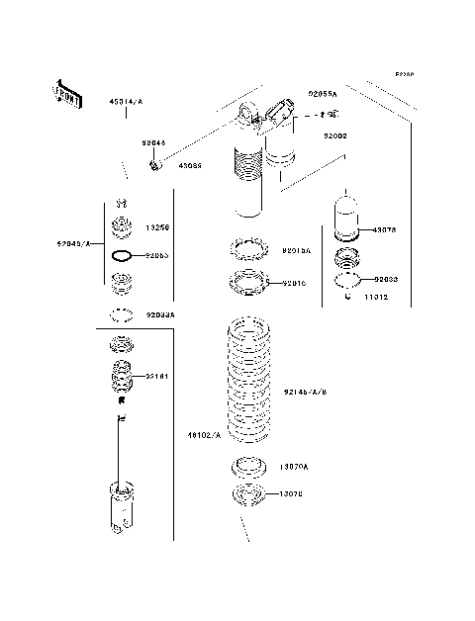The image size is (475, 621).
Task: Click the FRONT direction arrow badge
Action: point(65,94)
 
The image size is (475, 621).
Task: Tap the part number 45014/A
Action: point(126,102)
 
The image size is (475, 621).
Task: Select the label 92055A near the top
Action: point(322,94)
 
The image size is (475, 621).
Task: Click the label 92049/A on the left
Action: point(74,242)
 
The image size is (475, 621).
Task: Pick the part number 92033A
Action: point(160,314)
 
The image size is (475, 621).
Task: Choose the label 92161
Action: point(159,377)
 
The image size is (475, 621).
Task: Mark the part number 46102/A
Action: point(204,432)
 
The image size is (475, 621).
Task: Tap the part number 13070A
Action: point(294,466)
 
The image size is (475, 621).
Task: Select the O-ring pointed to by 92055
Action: point(122,255)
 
